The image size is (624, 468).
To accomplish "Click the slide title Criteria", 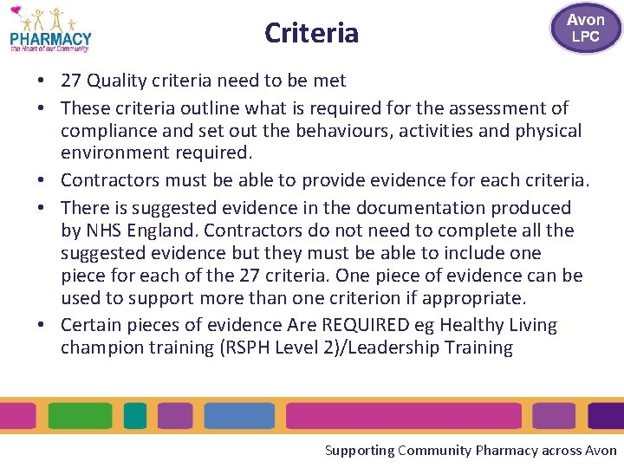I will [311, 33].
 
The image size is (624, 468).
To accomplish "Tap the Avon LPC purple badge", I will [586, 28].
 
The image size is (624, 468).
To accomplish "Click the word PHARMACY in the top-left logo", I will [50, 38].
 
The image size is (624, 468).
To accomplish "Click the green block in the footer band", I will [80, 416].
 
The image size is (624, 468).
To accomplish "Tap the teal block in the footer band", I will [135, 416].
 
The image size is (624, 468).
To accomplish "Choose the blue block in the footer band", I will [239, 416].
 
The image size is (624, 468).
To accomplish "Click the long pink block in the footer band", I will [404, 416].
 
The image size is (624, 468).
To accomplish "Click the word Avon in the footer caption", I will [601, 451].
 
